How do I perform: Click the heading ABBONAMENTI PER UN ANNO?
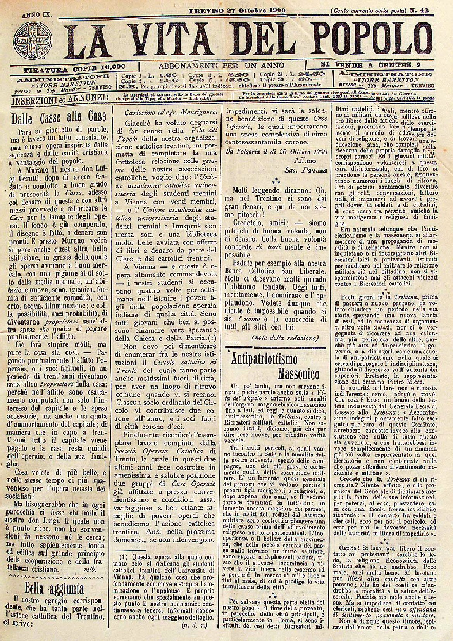click(x=222, y=65)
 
